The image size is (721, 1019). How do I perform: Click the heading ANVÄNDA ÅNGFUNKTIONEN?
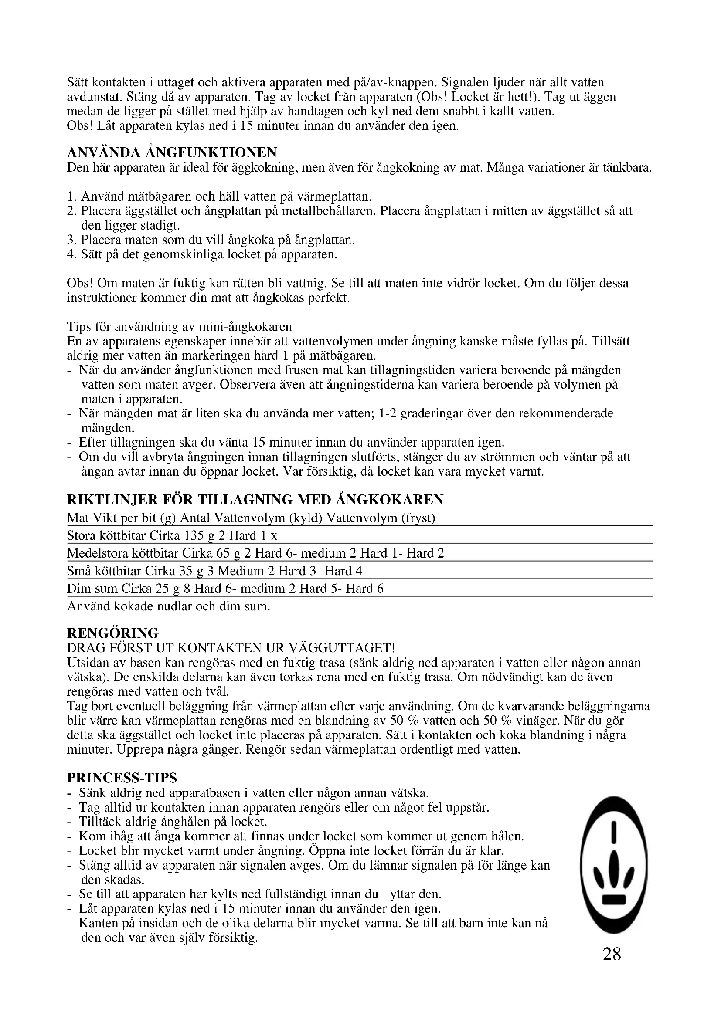click(172, 152)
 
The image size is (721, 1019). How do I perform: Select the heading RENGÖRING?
click(113, 633)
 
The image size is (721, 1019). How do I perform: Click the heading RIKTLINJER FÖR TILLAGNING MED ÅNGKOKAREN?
click(255, 500)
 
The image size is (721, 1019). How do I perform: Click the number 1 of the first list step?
click(70, 196)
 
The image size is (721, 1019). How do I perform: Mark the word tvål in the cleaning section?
click(218, 691)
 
